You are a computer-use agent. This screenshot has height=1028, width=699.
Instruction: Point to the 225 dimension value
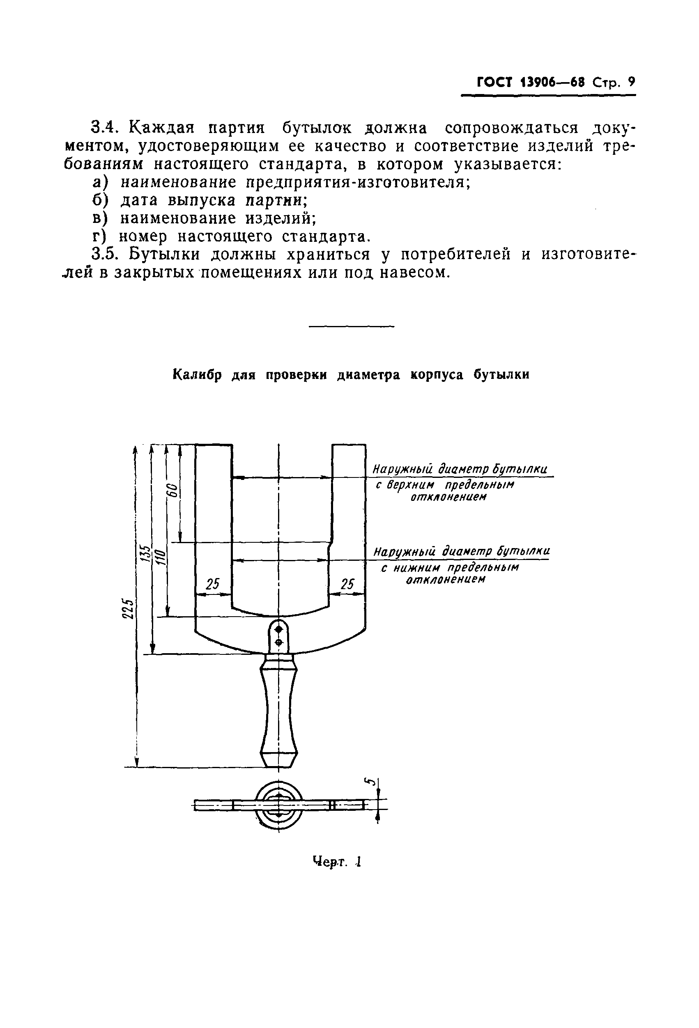point(128,609)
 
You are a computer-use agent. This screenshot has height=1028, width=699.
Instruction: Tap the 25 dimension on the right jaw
point(348,584)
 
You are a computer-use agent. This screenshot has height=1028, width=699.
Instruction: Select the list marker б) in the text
point(100,200)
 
